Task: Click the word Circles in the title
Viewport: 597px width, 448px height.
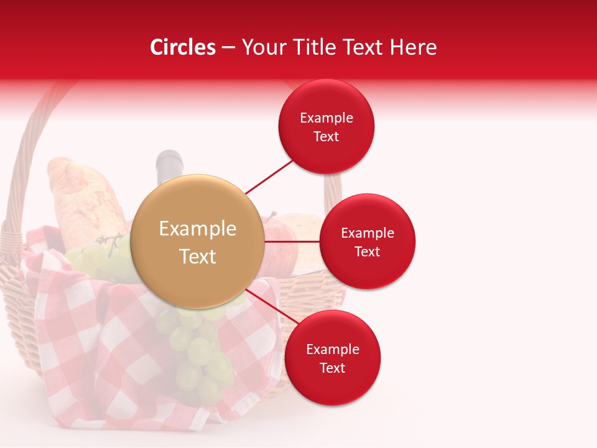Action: click(182, 47)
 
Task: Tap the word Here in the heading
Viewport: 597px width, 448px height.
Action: click(413, 47)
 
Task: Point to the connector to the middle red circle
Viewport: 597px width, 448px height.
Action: click(292, 241)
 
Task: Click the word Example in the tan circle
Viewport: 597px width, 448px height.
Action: click(198, 229)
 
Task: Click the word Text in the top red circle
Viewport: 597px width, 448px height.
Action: click(326, 137)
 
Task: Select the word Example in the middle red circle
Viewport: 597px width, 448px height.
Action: click(368, 233)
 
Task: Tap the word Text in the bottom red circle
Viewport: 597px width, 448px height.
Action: click(333, 368)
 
